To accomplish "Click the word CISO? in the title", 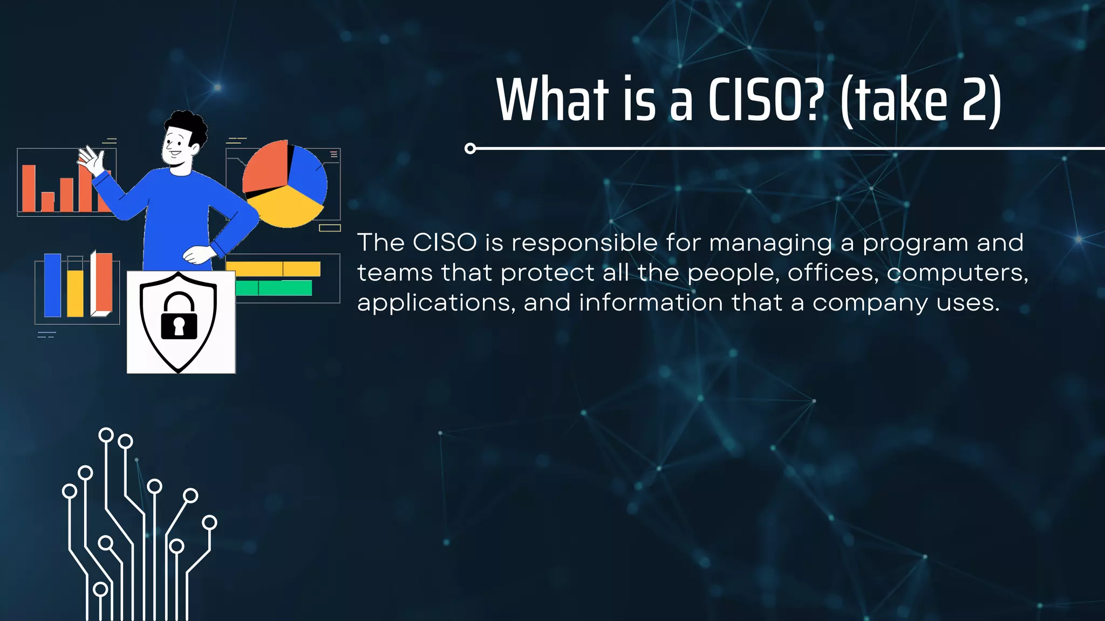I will [766, 100].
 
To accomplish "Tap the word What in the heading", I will [552, 100].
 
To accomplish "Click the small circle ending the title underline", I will [470, 148].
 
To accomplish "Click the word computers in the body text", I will [956, 273].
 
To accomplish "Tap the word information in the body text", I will [651, 303].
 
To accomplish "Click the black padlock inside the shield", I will [179, 318].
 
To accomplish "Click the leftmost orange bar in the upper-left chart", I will [29, 188].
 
